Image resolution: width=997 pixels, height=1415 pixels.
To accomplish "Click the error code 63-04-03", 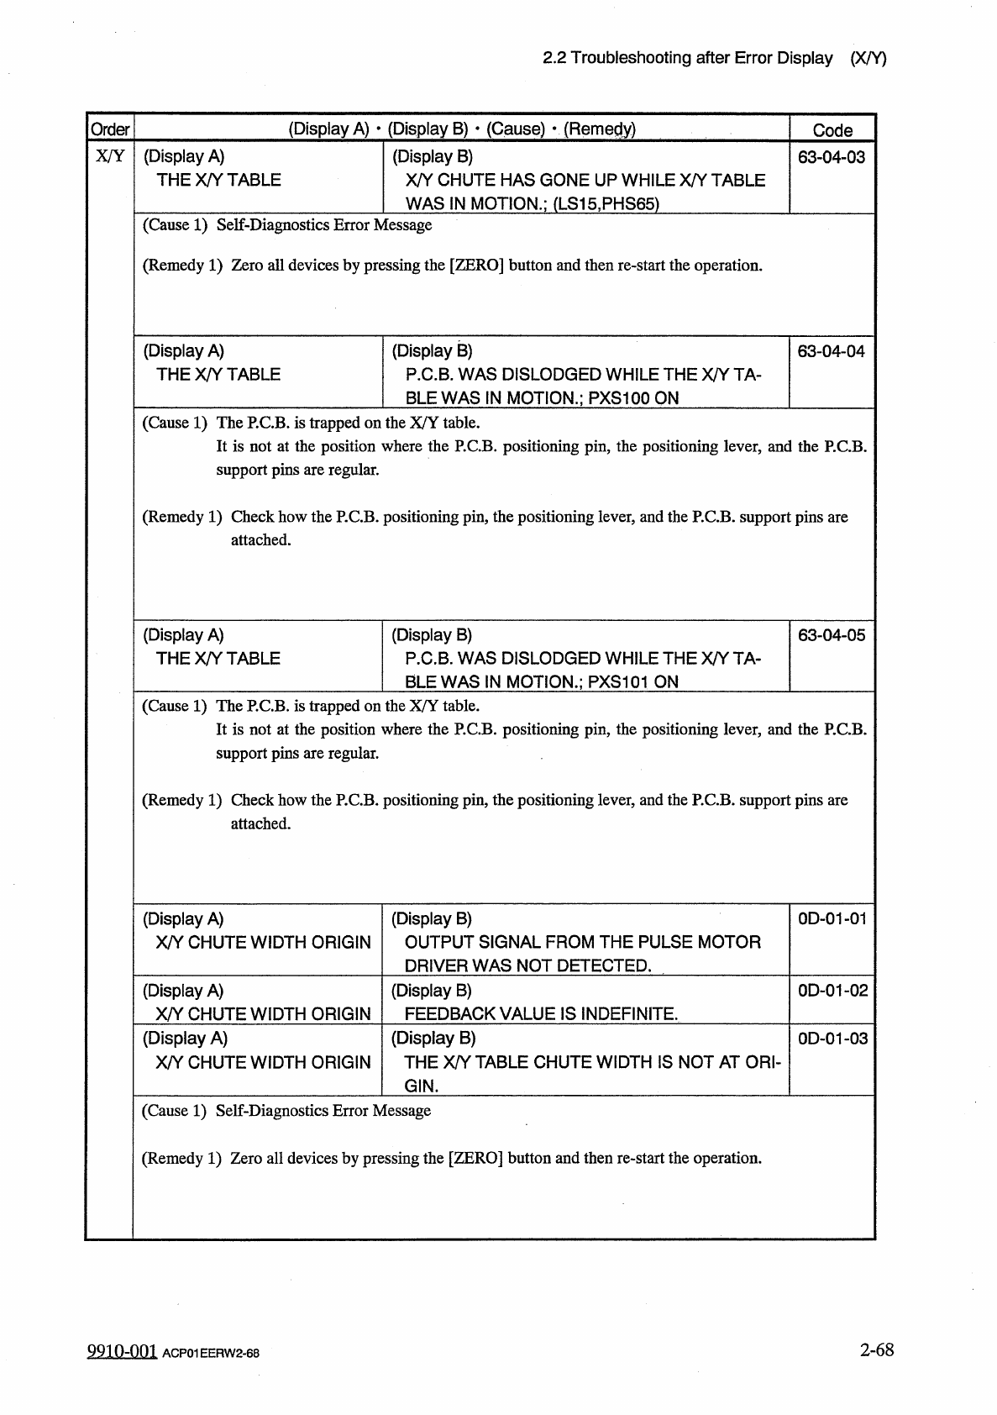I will tap(831, 157).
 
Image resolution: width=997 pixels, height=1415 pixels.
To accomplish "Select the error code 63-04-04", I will tap(831, 351).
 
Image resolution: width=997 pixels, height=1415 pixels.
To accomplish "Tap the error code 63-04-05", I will tap(831, 635).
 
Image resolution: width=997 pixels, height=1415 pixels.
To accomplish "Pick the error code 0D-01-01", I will tap(832, 918).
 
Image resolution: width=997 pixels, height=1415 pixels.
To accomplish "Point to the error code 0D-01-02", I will tap(832, 990).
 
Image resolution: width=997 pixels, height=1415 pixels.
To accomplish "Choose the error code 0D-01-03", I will tap(832, 1038).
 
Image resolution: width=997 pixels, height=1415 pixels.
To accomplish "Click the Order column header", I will tap(110, 129).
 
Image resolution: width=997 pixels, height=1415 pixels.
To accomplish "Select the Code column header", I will tap(832, 130).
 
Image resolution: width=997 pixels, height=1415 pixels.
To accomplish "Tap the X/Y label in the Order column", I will tap(110, 156).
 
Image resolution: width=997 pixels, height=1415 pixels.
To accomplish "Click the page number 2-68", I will tap(876, 1349).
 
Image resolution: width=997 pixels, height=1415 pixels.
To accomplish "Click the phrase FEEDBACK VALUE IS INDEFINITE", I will tap(541, 1014).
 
